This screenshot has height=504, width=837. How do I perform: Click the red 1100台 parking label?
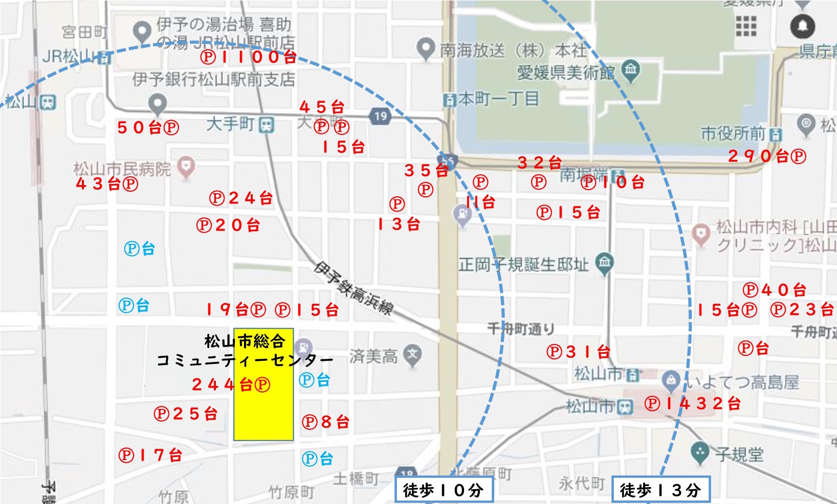(x=248, y=57)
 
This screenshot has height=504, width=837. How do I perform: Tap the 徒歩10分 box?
(x=444, y=490)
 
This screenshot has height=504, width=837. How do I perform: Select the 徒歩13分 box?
(x=660, y=490)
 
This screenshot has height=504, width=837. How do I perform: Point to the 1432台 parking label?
(x=693, y=403)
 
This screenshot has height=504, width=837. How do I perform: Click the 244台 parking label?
(x=231, y=384)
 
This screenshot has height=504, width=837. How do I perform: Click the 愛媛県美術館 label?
(x=565, y=73)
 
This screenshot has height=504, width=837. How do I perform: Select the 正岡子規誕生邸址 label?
(x=523, y=264)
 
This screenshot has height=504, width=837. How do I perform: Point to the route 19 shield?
(x=380, y=116)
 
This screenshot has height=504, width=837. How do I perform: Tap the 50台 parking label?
(x=148, y=127)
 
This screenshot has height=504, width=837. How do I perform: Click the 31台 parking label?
(x=579, y=352)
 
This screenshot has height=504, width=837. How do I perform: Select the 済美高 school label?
(x=373, y=356)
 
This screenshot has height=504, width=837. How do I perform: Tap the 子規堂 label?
(x=739, y=454)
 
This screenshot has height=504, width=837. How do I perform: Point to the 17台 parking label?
(x=150, y=454)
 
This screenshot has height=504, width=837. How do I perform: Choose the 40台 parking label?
(x=775, y=290)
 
